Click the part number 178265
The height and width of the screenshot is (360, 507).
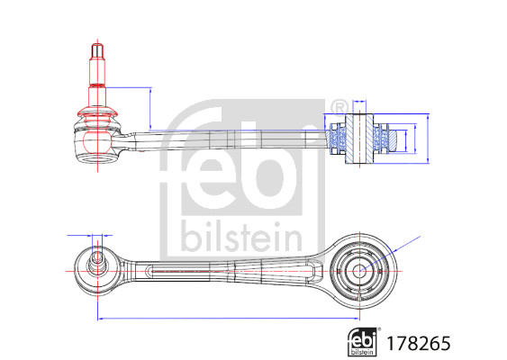[419, 343]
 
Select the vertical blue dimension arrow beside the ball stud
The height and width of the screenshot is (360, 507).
[149, 109]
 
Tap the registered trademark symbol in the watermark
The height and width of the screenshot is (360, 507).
[340, 108]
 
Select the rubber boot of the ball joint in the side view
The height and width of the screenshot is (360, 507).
[96, 115]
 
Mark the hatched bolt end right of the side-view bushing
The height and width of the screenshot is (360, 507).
[395, 139]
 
